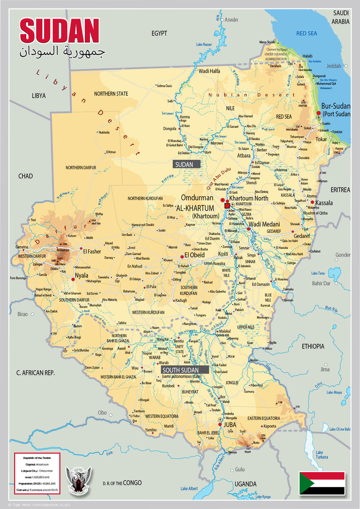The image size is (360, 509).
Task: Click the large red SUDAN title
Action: (x=59, y=31)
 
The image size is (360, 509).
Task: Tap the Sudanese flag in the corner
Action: (x=322, y=483)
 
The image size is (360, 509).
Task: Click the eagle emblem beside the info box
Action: (x=78, y=481)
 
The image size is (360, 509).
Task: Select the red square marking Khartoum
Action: (x=227, y=206)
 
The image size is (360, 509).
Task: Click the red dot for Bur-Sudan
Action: (x=318, y=113)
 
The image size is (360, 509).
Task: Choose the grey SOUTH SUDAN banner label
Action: (x=185, y=369)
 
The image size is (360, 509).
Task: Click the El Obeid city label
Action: (x=194, y=255)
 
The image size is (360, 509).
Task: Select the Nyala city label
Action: (x=81, y=275)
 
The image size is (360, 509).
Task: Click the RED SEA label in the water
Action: (x=307, y=33)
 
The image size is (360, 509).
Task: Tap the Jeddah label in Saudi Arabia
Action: (x=334, y=66)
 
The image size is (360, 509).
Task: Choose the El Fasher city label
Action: (x=92, y=252)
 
